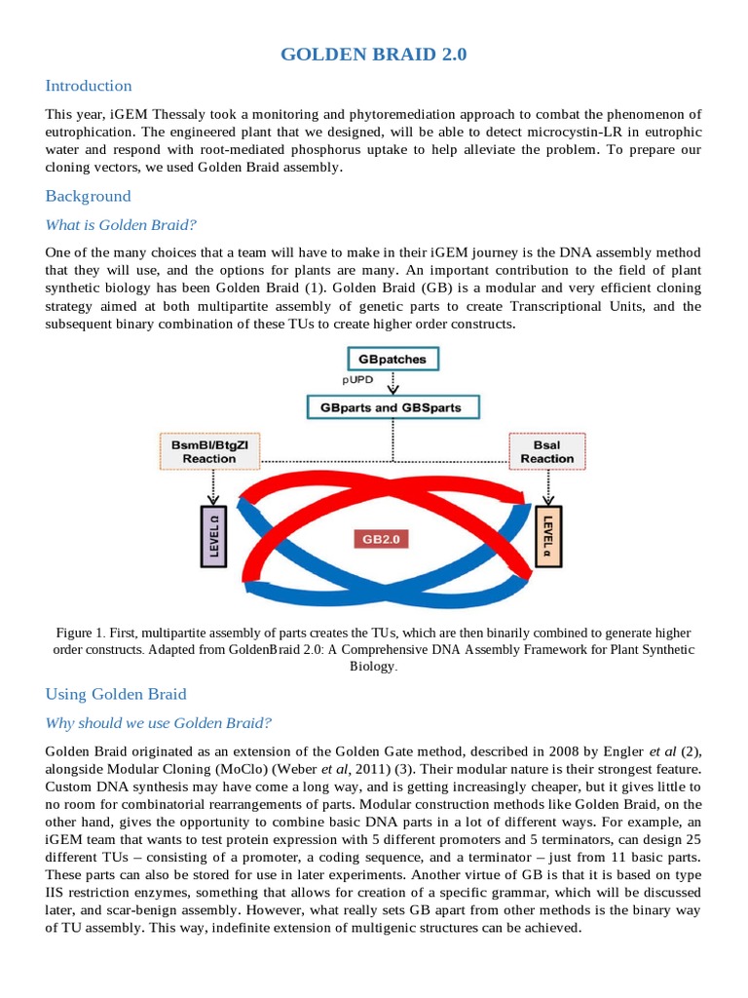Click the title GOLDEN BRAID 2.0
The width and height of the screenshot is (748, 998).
pos(374,55)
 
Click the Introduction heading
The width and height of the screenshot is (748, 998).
pos(89,86)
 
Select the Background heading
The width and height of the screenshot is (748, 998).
pos(88,196)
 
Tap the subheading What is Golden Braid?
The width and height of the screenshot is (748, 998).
pos(121,225)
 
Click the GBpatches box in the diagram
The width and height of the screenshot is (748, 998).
pos(392,359)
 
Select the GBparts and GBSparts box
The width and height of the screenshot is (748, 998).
pos(392,406)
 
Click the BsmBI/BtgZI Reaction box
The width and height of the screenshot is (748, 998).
pos(204,452)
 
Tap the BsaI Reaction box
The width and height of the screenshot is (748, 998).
pos(546,452)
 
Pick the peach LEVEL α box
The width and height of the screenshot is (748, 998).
pos(547,535)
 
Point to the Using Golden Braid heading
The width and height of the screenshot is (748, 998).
pos(116,694)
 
